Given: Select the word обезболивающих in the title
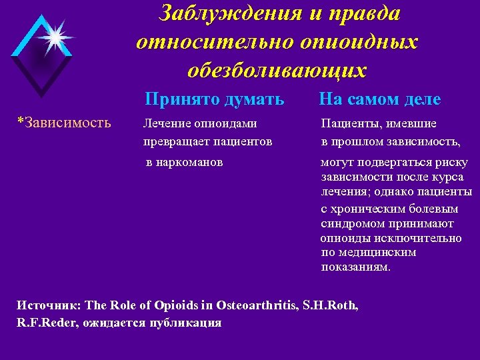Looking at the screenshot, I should point(277,70).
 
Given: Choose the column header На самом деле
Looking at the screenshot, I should point(379,99).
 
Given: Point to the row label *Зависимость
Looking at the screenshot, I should point(64,123).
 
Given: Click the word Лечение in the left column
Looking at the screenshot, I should point(167,123).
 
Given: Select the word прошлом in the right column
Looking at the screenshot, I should point(355,141).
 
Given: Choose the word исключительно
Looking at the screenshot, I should point(420,238).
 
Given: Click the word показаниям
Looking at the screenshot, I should point(356,267).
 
